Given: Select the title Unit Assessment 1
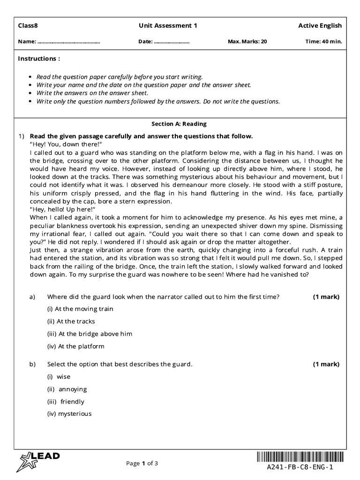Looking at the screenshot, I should coord(168,26).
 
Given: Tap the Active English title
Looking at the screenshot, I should coord(320,26).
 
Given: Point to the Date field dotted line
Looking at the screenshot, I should coord(172,42).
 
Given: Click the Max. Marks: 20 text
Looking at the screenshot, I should coord(247,42).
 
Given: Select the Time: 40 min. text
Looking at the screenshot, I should coord(323,42).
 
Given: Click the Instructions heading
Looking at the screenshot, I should coord(39,59).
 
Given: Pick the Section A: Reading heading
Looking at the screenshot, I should coord(179,124).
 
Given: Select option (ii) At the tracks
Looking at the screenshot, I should coord(71,322).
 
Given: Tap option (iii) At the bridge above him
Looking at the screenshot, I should coord(90,334).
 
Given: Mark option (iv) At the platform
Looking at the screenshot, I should coord(75,347).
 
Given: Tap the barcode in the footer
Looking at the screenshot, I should coord(300,457).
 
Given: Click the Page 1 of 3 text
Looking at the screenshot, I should coord(142,464).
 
